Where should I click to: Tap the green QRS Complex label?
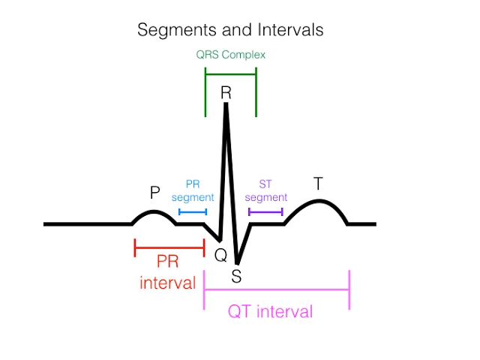pyautogui.click(x=231, y=55)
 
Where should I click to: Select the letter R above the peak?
pyautogui.click(x=226, y=93)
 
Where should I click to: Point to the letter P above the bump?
pyautogui.click(x=155, y=193)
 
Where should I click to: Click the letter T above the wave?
pyautogui.click(x=318, y=184)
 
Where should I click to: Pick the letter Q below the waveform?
pyautogui.click(x=220, y=255)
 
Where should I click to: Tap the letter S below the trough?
pyautogui.click(x=236, y=276)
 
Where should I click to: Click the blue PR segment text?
pyautogui.click(x=193, y=190)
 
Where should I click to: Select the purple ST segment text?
pyautogui.click(x=266, y=190)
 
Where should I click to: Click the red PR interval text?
pyautogui.click(x=168, y=272)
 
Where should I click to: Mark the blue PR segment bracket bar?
pyautogui.click(x=193, y=212)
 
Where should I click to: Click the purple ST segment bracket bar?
pyautogui.click(x=265, y=212)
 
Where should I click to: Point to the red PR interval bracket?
pyautogui.click(x=169, y=247)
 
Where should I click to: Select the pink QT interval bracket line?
pyautogui.click(x=276, y=289)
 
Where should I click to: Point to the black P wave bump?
pyautogui.click(x=155, y=212)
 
